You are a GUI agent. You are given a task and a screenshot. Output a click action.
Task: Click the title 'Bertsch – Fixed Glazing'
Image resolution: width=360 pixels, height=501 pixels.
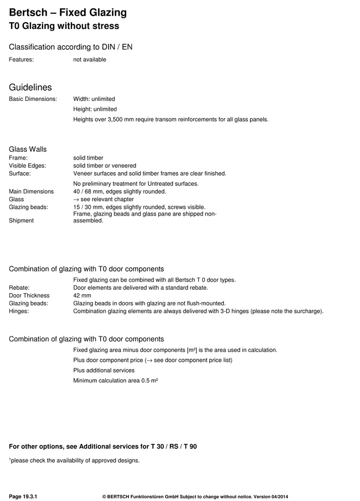click(68, 12)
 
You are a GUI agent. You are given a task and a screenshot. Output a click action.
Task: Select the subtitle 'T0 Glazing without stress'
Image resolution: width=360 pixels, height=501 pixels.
click(64, 25)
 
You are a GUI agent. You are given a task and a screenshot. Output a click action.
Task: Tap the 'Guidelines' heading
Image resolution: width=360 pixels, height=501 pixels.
click(30, 88)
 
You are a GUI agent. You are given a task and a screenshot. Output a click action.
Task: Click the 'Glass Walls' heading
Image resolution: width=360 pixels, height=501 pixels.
click(28, 149)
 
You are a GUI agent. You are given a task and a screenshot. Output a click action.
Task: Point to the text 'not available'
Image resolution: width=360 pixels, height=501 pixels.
click(90, 59)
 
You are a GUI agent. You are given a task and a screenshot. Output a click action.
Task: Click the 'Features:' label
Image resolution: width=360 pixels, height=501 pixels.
click(22, 59)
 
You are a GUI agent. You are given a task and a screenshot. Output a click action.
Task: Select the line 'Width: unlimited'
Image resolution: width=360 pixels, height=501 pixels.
click(94, 99)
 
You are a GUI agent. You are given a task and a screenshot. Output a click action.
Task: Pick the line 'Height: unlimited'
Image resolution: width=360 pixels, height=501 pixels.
click(95, 109)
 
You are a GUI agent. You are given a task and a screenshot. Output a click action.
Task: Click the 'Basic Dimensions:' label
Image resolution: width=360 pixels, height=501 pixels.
click(33, 99)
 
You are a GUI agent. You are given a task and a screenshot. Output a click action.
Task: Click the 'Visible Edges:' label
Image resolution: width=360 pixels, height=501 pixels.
click(28, 166)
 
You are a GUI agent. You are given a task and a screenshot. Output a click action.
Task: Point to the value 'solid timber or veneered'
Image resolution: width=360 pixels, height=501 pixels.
click(105, 166)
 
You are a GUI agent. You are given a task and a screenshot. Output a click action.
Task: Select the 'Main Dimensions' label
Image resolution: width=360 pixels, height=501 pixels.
click(32, 191)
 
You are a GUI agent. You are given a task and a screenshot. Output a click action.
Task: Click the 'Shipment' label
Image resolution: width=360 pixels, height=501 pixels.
click(21, 220)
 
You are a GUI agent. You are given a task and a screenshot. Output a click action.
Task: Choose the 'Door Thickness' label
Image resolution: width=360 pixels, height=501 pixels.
click(29, 295)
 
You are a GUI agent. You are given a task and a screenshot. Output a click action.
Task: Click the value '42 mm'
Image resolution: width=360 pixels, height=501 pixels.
click(82, 295)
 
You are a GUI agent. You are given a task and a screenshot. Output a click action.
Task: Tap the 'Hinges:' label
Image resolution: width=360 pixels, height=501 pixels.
click(19, 311)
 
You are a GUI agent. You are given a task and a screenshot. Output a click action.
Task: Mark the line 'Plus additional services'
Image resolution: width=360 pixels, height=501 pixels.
click(104, 370)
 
